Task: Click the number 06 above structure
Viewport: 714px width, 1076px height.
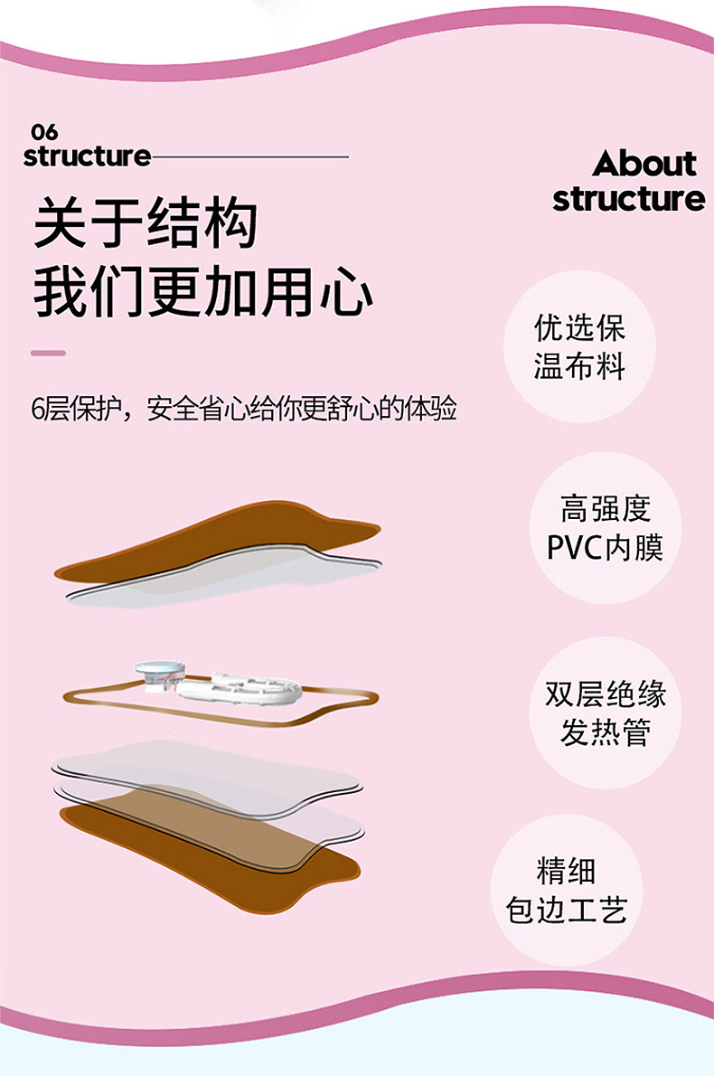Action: tap(44, 131)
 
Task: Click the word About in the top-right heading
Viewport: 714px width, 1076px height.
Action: tap(644, 164)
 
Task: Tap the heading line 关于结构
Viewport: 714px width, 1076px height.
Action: tap(146, 223)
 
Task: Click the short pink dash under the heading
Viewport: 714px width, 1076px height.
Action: tap(48, 354)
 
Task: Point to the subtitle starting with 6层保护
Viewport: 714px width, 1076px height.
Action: tap(243, 409)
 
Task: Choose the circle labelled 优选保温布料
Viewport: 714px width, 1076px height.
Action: tap(579, 346)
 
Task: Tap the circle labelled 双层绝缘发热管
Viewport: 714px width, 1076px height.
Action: tap(606, 713)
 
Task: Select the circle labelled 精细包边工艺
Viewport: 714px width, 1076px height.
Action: tap(567, 891)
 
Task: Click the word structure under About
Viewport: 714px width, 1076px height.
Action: tap(629, 199)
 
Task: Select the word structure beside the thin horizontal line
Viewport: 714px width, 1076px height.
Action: tap(87, 156)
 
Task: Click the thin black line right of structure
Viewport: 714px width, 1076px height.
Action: tap(249, 157)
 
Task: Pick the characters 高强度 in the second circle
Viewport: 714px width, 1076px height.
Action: tap(606, 509)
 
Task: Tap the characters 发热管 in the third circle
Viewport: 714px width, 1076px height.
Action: tap(606, 732)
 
